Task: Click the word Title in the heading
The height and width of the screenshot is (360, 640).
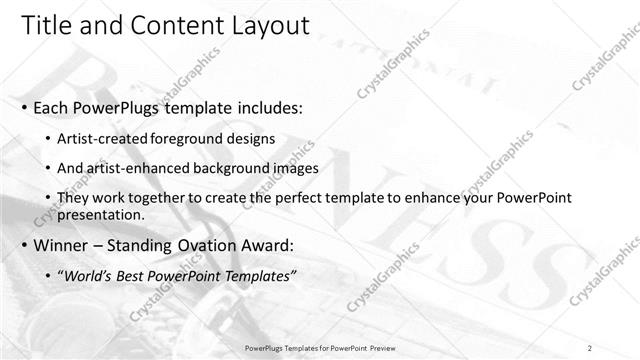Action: [x=45, y=25]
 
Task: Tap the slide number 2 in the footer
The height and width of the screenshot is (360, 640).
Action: [x=589, y=348]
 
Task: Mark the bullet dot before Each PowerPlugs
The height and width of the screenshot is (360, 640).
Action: [x=25, y=106]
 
